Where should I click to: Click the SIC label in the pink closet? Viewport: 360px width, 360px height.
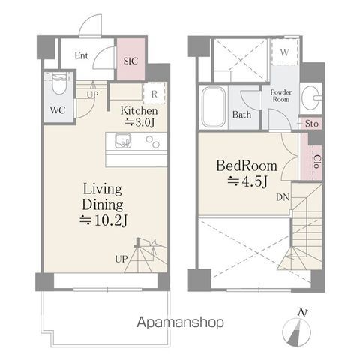130,61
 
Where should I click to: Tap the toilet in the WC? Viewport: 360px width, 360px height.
59,83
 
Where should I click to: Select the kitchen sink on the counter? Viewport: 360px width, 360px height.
123,141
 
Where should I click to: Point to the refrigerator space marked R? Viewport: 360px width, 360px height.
154,94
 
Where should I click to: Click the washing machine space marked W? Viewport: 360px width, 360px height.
285,52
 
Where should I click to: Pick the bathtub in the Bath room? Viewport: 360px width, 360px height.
214,107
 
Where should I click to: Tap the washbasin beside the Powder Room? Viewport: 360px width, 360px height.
311,97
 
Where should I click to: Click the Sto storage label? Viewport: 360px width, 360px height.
312,124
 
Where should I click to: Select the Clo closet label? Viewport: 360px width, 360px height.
317,161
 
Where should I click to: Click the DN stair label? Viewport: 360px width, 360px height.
283,197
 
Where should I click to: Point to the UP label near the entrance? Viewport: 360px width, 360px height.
92,94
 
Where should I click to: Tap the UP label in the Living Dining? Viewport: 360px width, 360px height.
121,259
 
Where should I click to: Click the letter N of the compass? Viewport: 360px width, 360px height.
302,313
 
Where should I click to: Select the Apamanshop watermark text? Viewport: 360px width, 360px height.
180,322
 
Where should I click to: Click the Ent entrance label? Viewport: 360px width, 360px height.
82,55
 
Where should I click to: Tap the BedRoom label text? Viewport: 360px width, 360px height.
247,166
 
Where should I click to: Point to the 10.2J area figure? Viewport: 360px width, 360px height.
103,220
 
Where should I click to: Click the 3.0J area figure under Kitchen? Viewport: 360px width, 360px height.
139,122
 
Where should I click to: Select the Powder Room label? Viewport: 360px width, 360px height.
281,96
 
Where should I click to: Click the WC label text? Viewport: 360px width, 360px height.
58,109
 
